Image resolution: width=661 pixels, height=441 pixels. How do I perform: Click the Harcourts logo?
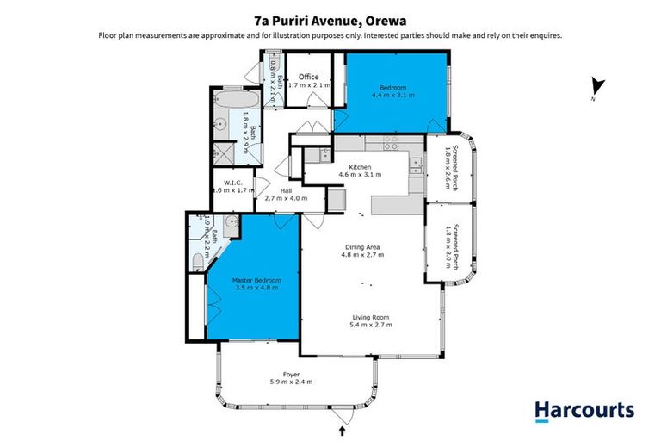[584, 411]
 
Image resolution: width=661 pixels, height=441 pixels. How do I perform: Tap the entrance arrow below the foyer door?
[343, 428]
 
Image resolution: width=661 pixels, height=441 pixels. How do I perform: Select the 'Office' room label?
[308, 77]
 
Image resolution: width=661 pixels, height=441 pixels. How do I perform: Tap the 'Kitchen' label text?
[360, 166]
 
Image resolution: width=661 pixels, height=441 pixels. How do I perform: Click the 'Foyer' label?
[291, 373]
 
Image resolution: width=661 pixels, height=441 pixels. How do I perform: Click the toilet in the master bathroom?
[197, 259]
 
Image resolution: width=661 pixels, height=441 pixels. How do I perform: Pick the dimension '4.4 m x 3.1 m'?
[397, 96]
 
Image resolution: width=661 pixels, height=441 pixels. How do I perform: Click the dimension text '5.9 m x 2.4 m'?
[291, 382]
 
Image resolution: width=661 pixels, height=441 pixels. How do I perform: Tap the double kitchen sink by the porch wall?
[415, 164]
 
